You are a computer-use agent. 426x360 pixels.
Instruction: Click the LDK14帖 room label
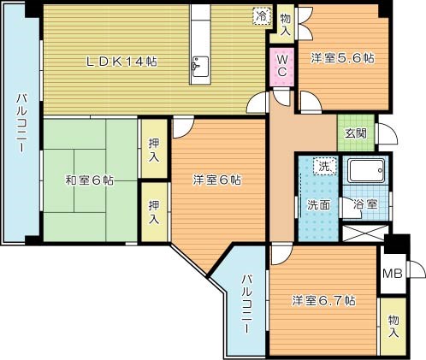121,62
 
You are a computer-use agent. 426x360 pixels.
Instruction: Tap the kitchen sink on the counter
200,66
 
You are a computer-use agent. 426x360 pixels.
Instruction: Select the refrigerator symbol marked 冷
262,16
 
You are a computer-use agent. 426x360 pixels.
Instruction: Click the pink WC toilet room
282,67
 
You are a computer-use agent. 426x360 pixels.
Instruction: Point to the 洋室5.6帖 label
342,58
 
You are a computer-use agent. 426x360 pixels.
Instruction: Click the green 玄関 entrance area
356,133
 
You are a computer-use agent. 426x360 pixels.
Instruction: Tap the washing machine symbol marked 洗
325,166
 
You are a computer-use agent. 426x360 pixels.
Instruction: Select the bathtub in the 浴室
366,171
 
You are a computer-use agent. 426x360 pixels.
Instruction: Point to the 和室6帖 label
90,180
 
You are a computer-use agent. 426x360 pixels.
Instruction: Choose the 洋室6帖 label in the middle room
217,180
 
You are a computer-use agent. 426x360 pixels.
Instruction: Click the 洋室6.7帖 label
323,300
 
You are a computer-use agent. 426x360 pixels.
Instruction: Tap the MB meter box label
393,274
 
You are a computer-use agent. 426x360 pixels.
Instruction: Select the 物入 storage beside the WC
285,25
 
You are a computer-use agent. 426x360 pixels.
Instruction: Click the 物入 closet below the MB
393,327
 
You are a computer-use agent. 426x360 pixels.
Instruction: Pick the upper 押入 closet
154,149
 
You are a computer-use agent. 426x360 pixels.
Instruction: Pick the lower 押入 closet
154,212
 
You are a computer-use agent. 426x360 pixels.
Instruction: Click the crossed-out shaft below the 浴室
365,233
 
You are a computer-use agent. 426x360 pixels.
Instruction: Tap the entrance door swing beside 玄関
388,133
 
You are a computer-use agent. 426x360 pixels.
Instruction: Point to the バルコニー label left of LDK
21,123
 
